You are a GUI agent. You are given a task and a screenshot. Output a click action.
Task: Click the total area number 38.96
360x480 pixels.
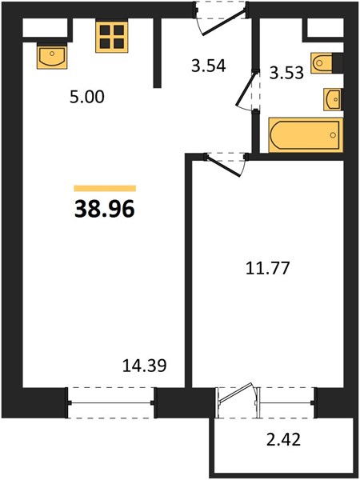(x=104, y=210)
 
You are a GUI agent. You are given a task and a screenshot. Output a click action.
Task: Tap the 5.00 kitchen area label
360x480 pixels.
(x=87, y=97)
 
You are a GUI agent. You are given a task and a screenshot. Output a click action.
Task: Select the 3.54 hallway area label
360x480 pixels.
(x=209, y=66)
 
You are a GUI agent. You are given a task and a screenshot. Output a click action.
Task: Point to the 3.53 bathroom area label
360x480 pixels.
(x=286, y=73)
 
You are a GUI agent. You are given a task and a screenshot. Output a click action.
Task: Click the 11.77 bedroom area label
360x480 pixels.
(x=267, y=268)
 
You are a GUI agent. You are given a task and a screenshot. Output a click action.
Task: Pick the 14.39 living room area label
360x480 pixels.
(x=144, y=366)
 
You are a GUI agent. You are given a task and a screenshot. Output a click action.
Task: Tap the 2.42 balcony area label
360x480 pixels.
(x=283, y=439)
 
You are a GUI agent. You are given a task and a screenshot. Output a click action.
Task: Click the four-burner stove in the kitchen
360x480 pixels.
(x=112, y=37)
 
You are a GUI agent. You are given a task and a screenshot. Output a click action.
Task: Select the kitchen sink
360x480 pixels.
(x=52, y=56)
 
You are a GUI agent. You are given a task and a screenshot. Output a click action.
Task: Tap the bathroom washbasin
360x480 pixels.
(x=334, y=99)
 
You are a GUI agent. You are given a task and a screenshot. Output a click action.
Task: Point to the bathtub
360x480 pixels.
(x=306, y=135)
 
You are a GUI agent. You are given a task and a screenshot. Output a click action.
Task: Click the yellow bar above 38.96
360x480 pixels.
(x=105, y=188)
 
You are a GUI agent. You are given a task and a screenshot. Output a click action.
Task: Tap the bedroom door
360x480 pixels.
(x=226, y=166)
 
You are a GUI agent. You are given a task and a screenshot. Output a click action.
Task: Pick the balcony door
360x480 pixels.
(x=238, y=401)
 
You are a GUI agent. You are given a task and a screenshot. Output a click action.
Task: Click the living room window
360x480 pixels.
(x=110, y=403)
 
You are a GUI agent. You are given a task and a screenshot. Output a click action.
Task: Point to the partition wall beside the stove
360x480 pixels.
(x=157, y=53)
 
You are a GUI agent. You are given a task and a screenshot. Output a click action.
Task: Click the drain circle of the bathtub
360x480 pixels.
(x=333, y=135)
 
